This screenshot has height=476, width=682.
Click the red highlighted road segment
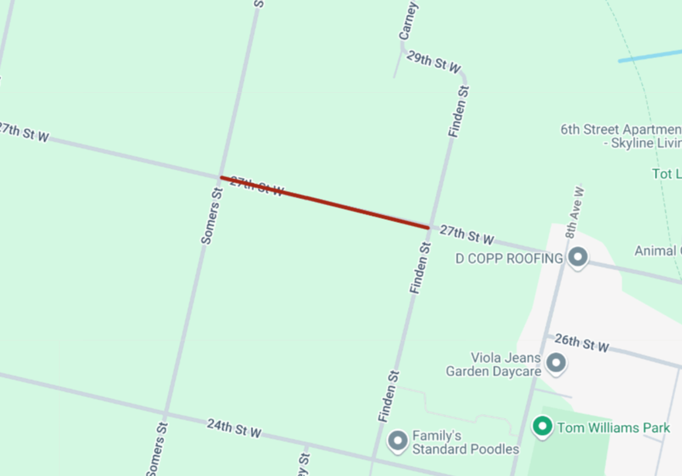coord(325,203)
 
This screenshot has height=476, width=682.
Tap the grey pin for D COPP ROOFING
coord(577,258)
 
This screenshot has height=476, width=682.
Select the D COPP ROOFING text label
coord(509,259)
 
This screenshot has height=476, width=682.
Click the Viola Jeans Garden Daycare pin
coord(555,362)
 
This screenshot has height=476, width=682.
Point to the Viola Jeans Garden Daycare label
coord(493,365)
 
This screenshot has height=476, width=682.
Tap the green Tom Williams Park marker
coord(543,426)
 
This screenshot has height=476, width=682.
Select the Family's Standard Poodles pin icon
coord(398,441)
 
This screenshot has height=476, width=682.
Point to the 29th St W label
coord(434,63)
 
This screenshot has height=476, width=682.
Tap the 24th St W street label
coord(234,428)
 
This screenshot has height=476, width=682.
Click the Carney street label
coord(408,21)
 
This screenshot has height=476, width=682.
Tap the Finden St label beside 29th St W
coord(458,113)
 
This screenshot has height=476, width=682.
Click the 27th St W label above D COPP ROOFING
coord(467,234)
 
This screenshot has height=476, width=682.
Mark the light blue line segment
coord(649,56)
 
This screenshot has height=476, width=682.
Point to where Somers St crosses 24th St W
coord(165,413)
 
